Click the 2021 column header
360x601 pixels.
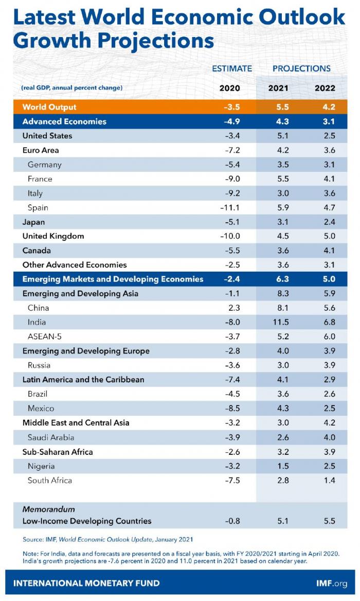point(278,88)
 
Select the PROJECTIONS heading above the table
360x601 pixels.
point(301,68)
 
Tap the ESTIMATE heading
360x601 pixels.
point(232,68)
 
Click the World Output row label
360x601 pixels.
point(49,107)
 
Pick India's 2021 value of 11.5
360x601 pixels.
point(278,322)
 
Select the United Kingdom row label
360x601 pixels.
point(53,236)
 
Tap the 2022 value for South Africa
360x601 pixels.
point(325,480)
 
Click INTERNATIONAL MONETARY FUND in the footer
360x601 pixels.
point(86,583)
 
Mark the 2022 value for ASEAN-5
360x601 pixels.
point(325,337)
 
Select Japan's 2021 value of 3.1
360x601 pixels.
point(278,222)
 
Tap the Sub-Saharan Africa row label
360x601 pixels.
point(57,452)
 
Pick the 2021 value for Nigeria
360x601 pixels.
point(278,466)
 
